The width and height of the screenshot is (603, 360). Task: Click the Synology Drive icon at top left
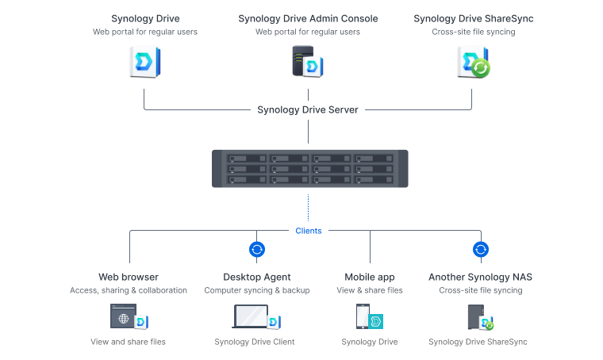[x=144, y=62]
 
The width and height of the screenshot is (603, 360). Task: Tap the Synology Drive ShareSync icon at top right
[x=473, y=62]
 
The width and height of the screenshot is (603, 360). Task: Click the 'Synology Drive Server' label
[x=308, y=109]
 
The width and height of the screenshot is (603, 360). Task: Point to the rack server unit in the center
[x=310, y=168]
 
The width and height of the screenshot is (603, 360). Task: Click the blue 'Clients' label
[x=309, y=231]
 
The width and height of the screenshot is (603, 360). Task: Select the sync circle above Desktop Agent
[x=256, y=250]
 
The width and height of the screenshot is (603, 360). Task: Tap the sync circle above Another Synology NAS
[x=480, y=250]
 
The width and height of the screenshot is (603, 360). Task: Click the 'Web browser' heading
[x=129, y=278]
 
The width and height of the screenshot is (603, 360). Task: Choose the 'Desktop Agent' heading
[x=256, y=278]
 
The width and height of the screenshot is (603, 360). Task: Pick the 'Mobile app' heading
[x=370, y=278]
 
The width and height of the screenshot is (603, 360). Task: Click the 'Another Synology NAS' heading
[x=480, y=278]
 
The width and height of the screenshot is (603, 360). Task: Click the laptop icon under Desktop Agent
[x=255, y=318]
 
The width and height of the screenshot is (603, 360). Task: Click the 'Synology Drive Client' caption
[x=255, y=343]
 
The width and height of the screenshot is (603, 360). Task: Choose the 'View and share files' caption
[x=129, y=343]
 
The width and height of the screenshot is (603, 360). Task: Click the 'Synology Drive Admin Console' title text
[x=308, y=18]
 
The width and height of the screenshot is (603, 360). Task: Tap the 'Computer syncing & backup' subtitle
[x=256, y=290]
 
